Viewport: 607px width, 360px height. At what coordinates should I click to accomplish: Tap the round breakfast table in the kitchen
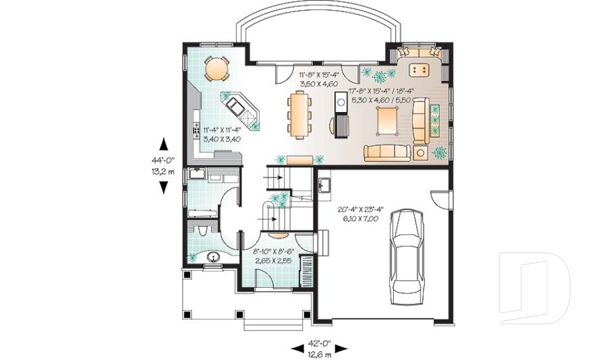(216, 68)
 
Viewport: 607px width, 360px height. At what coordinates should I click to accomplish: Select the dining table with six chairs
(299, 115)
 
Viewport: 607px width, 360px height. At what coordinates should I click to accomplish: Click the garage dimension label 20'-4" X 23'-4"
(360, 209)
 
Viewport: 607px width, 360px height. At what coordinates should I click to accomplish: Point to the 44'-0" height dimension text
(163, 159)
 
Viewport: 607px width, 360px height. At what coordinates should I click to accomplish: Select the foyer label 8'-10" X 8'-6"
(274, 251)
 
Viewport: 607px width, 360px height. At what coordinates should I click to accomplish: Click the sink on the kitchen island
(235, 104)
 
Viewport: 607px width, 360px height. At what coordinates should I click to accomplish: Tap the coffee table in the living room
(387, 120)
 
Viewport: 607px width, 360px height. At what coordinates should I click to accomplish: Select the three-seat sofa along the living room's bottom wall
(387, 152)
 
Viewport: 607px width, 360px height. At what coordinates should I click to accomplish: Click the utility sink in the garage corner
(324, 185)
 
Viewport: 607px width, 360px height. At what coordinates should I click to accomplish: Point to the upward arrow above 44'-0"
(164, 144)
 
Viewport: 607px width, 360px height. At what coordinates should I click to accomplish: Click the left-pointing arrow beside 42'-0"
(297, 349)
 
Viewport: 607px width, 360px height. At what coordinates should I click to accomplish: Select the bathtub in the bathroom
(202, 213)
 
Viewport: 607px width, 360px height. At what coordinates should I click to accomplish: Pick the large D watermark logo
(534, 287)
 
